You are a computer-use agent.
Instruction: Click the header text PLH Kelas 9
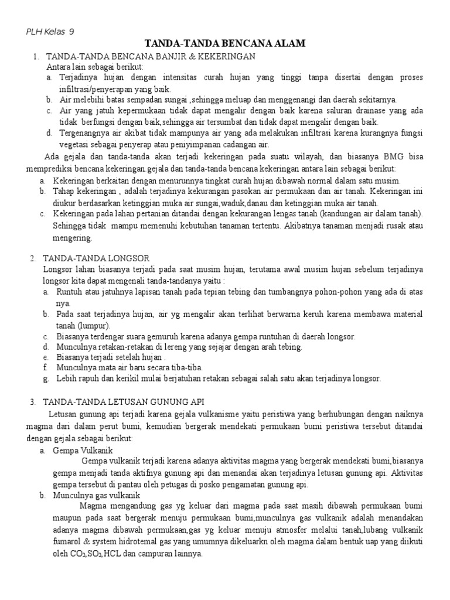[51, 32]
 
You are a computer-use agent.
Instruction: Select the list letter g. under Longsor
[45, 379]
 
